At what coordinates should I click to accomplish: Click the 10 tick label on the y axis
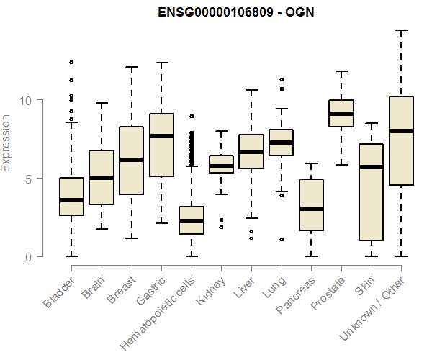point(28,100)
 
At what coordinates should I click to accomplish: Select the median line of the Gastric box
point(161,136)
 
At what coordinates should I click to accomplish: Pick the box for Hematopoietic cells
point(191,220)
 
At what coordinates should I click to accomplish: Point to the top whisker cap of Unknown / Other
point(401,31)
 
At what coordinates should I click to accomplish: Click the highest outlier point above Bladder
point(71,63)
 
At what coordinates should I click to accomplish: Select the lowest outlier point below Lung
point(282,239)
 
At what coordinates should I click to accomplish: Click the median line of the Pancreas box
point(311,209)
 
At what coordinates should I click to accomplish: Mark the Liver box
point(251,151)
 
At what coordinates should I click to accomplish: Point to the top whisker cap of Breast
point(131,67)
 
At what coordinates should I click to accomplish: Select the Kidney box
point(221,164)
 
